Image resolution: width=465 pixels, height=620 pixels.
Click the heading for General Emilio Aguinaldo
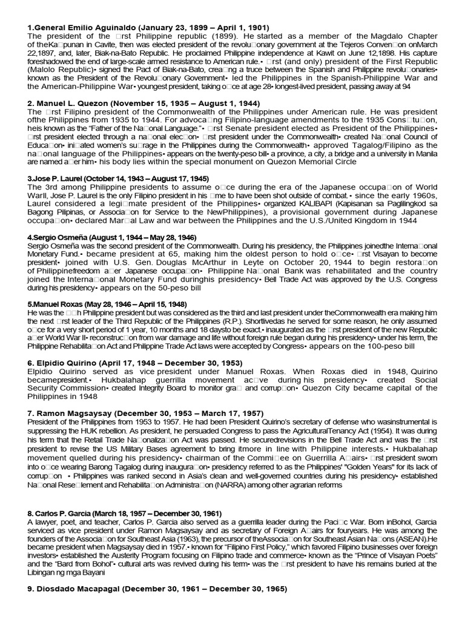coord(148,28)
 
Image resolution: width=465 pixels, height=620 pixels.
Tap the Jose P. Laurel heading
coord(119,179)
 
